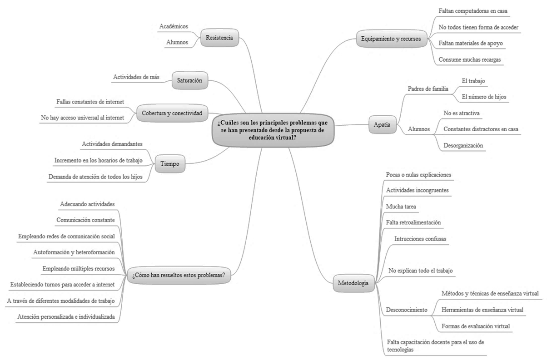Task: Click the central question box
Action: [273, 130]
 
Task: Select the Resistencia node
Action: [219, 38]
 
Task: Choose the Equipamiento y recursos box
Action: [391, 39]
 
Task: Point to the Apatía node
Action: [382, 124]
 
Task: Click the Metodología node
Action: [353, 283]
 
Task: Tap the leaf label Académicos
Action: [174, 27]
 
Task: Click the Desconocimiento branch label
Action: [407, 310]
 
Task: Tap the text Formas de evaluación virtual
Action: [476, 326]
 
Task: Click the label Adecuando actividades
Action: [87, 204]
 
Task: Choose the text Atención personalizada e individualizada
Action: [66, 316]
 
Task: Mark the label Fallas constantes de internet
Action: [90, 101]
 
